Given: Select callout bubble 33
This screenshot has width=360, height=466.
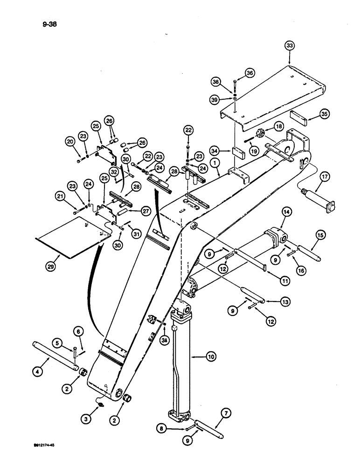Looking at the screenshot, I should (x=290, y=46).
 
